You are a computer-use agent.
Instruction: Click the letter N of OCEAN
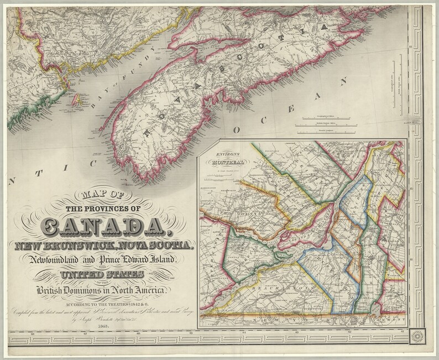pyautogui.click(x=341, y=82)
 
